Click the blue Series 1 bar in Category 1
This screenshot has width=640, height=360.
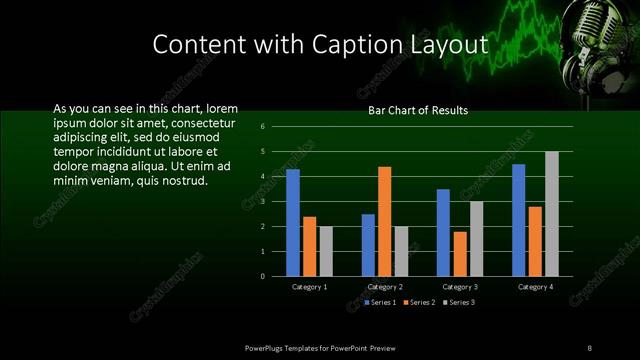293,222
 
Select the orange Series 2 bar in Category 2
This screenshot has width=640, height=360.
385,221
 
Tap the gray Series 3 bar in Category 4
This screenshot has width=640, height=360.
552,213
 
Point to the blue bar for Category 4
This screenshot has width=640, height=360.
518,220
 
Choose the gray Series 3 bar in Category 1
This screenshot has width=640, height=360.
326,251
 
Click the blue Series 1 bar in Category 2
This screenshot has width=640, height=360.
368,245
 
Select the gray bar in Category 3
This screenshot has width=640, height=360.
477,238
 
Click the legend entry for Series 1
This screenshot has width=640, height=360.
380,301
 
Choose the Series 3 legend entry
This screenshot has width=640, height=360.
459,301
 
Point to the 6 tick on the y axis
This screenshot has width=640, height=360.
262,127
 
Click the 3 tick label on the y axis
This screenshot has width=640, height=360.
262,201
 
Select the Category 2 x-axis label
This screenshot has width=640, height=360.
385,287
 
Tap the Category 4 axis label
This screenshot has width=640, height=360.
535,287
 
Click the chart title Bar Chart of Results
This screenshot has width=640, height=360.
418,111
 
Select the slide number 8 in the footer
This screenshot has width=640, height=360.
589,347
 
